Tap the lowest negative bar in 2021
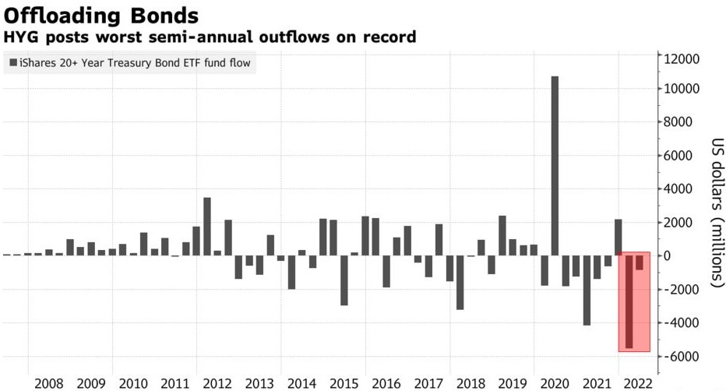click(586, 290)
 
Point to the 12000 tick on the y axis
click(681, 59)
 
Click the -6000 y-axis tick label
click(679, 357)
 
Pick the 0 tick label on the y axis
click(667, 256)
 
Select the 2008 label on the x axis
click(49, 383)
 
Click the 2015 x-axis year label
click(344, 383)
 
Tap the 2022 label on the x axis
click(639, 383)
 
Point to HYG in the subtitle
click(19, 37)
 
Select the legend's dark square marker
click(12, 63)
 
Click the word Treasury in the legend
click(126, 63)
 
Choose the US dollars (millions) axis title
click(717, 210)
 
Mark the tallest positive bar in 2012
click(207, 226)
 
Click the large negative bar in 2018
click(460, 282)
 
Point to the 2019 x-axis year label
click(512, 383)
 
